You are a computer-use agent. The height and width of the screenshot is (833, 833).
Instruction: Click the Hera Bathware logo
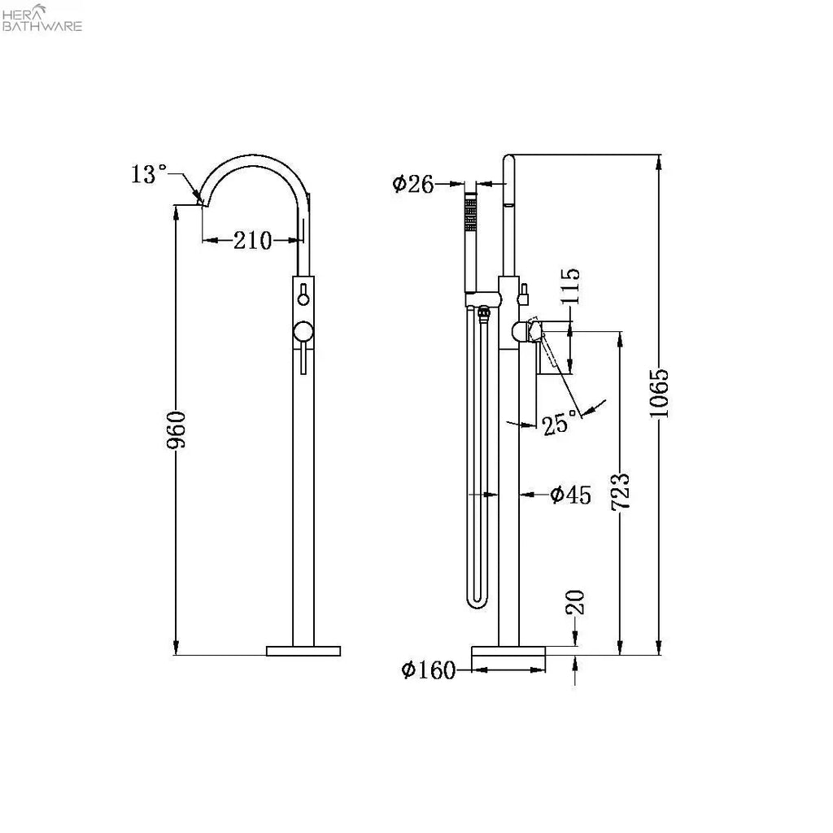click(42, 17)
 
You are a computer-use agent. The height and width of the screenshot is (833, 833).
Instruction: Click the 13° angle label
click(149, 174)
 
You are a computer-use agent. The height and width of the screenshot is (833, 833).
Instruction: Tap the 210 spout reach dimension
click(252, 240)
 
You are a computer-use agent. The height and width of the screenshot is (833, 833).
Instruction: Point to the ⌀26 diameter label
click(412, 184)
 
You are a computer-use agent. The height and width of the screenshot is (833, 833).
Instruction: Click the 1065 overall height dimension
click(659, 393)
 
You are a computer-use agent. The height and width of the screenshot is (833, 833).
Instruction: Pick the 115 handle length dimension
click(570, 286)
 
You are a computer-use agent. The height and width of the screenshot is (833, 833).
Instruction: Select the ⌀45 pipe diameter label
click(570, 495)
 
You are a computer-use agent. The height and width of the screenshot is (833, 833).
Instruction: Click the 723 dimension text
click(620, 491)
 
